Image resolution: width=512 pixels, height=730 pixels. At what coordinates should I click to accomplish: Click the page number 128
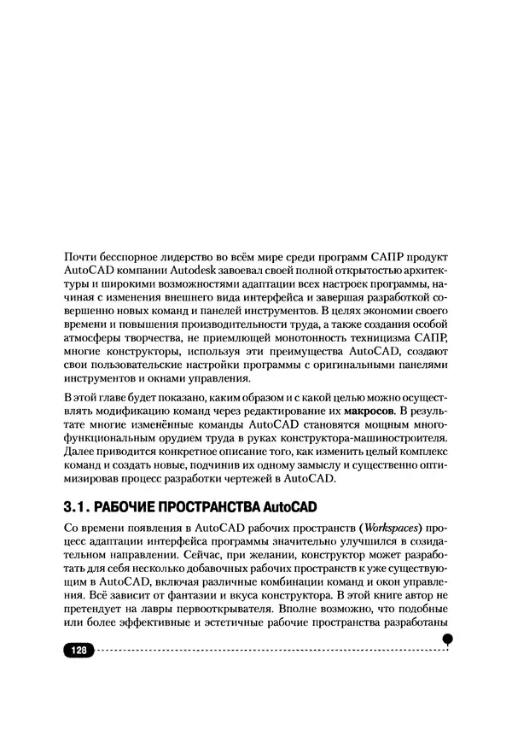pyautogui.click(x=79, y=650)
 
